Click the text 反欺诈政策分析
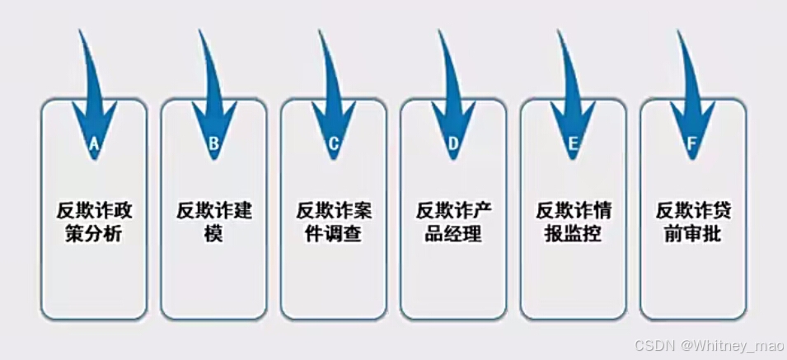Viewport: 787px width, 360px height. pos(94,222)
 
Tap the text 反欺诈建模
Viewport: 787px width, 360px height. pos(213,222)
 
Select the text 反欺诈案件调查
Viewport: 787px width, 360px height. pos(334,222)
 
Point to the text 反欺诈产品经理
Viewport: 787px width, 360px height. pos(453,222)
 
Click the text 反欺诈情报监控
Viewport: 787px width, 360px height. pos(573,222)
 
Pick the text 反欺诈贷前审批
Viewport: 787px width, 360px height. pos(692,222)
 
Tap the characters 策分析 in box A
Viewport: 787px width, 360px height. pos(94,234)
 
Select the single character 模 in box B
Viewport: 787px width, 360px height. pos(213,234)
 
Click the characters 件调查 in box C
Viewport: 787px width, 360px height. pos(334,234)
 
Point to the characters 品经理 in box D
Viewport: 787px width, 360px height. pos(453,234)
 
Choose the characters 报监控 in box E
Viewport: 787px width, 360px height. pos(573,234)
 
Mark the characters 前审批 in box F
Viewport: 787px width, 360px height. pos(692,234)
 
